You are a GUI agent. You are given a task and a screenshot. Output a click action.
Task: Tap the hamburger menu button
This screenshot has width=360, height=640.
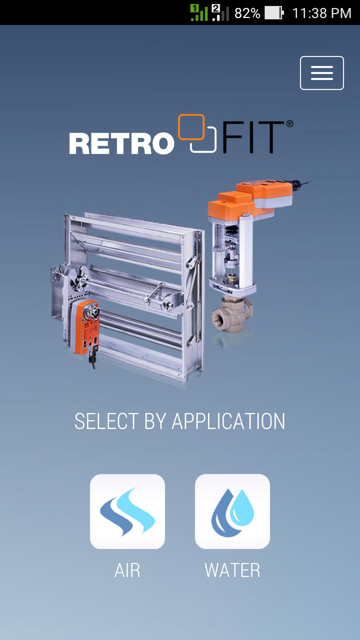(x=322, y=73)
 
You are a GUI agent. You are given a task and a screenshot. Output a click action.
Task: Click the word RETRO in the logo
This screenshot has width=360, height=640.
(x=122, y=144)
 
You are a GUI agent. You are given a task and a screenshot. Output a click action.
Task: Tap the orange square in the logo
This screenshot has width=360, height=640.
(x=191, y=127)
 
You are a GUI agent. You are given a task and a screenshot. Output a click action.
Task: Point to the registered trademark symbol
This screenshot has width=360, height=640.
(x=290, y=124)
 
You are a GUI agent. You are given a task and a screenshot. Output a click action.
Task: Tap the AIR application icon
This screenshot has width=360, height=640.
(x=127, y=511)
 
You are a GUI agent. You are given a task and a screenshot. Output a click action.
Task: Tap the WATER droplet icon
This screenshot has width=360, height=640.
(x=232, y=511)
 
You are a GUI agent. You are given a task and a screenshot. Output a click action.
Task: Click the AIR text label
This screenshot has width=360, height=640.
(x=127, y=570)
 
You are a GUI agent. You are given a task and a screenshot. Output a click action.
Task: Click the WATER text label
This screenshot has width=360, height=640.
(x=232, y=570)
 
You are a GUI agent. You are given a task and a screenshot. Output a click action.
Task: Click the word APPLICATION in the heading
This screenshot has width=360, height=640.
(x=228, y=421)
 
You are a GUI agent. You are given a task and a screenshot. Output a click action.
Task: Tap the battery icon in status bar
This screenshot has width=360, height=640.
(x=274, y=13)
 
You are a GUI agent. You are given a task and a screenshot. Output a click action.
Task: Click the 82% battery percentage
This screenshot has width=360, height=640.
(x=247, y=13)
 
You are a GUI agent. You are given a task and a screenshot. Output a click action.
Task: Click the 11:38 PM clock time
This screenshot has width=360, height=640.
(x=322, y=13)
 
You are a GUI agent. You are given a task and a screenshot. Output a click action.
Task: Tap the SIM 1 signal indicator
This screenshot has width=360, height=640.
(x=199, y=13)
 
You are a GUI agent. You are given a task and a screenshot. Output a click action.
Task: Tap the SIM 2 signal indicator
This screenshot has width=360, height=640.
(x=220, y=13)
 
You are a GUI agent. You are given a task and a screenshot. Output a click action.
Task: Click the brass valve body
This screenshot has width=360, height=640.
(x=230, y=315)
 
